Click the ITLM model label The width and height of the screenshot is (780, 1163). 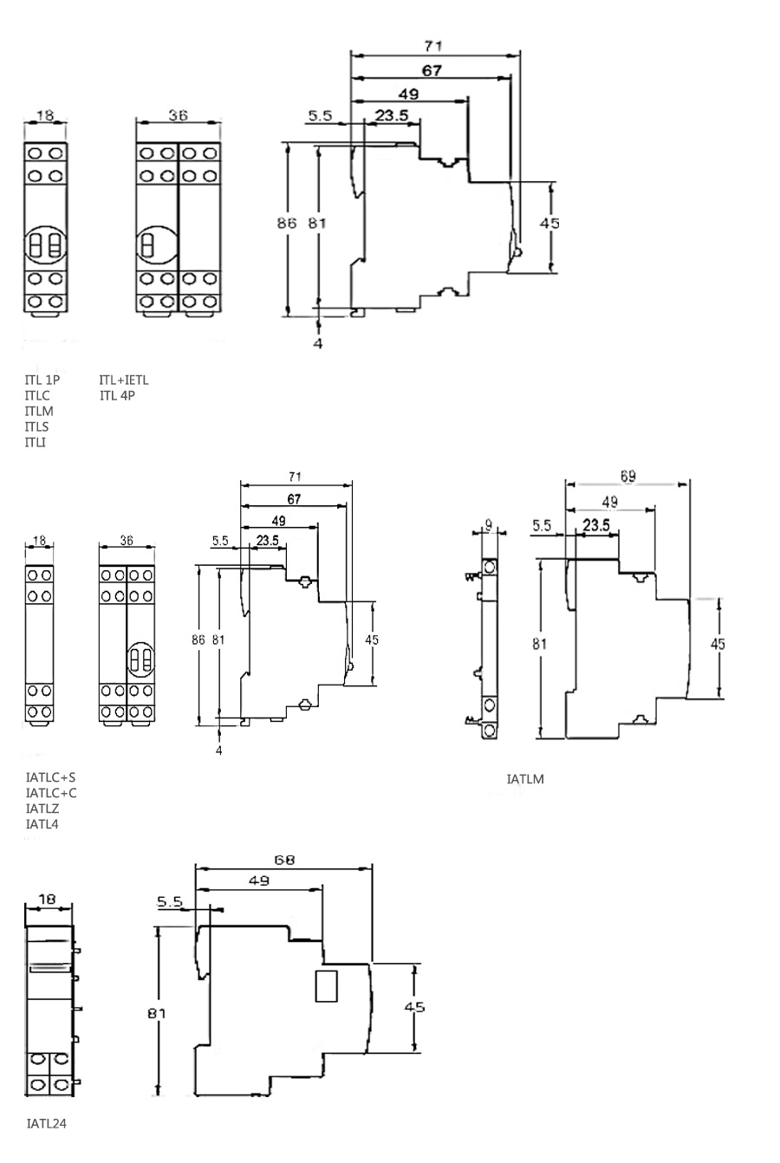39,411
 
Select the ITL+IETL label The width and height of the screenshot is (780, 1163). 124,380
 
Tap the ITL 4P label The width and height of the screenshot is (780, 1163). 117,396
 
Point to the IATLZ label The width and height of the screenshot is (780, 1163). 42,809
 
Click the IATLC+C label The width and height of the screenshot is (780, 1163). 51,793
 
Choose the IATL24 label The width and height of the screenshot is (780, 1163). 47,1123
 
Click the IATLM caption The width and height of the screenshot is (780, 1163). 525,779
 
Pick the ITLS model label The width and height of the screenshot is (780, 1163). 37,426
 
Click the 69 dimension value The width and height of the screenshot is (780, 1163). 627,476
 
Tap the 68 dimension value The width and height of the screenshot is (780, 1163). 284,861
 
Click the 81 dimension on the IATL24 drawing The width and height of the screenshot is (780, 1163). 156,1013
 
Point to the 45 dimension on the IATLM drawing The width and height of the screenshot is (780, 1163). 718,644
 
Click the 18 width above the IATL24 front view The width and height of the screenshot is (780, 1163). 48,899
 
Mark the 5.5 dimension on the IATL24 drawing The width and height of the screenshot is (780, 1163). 171,901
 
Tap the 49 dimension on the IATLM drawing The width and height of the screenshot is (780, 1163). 609,502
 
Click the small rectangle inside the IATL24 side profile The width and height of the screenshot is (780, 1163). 326,986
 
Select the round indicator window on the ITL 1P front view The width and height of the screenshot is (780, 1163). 45,245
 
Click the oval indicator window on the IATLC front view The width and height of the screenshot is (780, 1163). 140,659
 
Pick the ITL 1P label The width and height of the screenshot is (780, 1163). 42,380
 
